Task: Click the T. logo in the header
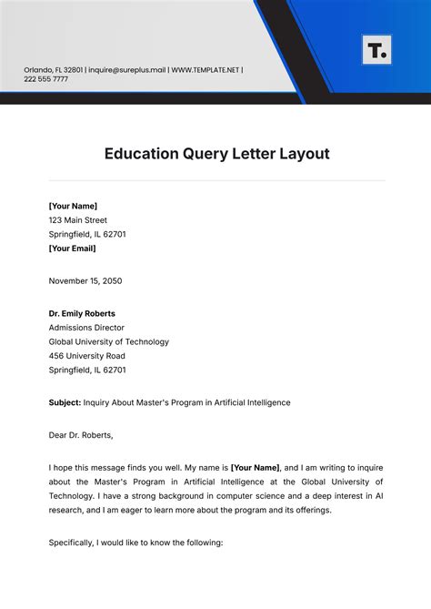pos(376,50)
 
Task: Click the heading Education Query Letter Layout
pos(216,154)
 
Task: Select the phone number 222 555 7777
pos(46,79)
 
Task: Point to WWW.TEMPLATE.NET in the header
pos(205,69)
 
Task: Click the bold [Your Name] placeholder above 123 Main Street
pos(73,206)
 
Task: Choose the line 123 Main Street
pos(78,220)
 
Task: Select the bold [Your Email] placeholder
pos(73,248)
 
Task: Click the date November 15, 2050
pos(85,280)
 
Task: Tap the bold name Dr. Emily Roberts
pos(82,313)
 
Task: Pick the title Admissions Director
pos(86,328)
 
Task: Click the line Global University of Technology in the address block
pos(109,341)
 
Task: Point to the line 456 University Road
pos(87,356)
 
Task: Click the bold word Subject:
pos(65,402)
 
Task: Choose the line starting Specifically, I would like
pos(136,543)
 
